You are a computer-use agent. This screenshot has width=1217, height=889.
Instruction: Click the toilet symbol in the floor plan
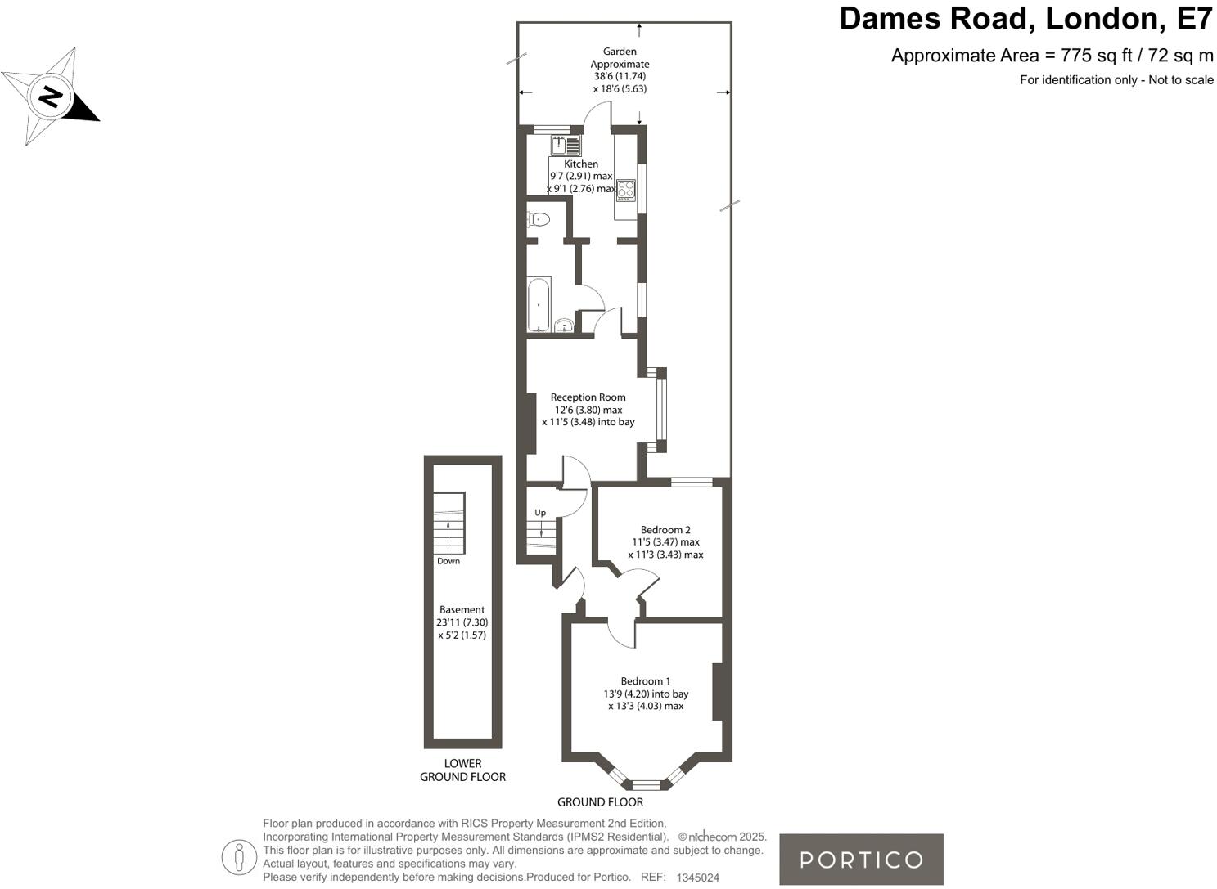[539, 219]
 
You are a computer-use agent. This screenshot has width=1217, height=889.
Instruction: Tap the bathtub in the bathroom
[539, 304]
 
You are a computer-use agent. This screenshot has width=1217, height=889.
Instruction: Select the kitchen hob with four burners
[626, 191]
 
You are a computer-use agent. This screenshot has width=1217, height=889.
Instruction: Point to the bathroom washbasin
[563, 326]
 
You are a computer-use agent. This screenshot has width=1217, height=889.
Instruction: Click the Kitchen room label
[581, 164]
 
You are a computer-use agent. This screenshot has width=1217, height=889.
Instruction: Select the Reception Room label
[588, 397]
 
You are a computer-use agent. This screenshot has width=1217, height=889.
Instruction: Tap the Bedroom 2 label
[665, 530]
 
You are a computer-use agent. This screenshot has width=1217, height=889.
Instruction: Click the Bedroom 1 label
[645, 681]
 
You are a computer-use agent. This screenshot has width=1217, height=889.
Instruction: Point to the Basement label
[462, 609]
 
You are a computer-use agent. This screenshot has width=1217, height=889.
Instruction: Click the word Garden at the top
[620, 52]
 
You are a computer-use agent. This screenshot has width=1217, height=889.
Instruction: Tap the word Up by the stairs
[540, 513]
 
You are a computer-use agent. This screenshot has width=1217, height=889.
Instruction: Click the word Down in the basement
[448, 561]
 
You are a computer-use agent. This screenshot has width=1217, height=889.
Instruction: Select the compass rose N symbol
[52, 97]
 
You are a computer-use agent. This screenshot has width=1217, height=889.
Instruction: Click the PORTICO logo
[861, 860]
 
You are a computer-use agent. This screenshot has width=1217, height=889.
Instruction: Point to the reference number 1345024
[697, 878]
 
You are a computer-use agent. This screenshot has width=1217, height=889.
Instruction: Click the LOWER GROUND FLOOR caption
[462, 770]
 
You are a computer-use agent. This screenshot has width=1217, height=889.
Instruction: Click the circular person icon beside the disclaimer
[239, 857]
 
